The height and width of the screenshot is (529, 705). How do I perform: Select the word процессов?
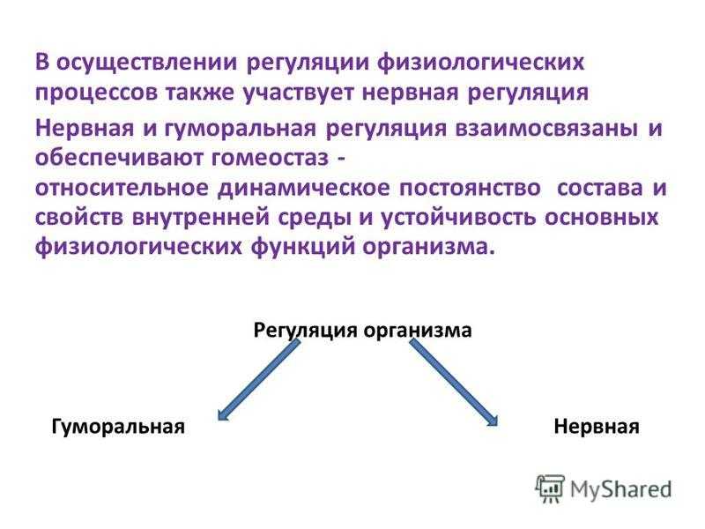click(x=97, y=93)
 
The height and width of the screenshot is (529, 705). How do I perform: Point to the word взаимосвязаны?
click(x=546, y=128)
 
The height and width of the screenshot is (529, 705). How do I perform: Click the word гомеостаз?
click(x=270, y=158)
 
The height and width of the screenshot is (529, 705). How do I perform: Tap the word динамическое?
click(x=303, y=188)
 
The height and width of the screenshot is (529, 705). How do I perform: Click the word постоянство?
click(x=470, y=188)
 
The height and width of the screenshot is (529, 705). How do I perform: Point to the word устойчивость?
click(x=458, y=218)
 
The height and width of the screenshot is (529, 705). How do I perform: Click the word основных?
click(x=602, y=218)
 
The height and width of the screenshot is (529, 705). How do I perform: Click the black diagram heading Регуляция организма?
click(x=362, y=331)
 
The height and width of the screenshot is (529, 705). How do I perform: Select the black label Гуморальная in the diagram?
click(x=118, y=426)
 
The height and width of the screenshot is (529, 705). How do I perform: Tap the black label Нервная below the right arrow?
click(x=597, y=426)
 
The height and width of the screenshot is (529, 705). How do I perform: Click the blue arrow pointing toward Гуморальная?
click(x=258, y=380)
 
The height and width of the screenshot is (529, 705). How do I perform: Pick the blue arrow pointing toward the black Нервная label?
click(x=454, y=383)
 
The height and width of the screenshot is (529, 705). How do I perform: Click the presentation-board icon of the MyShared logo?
click(x=550, y=488)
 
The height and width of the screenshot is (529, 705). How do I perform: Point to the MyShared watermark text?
click(x=621, y=490)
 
